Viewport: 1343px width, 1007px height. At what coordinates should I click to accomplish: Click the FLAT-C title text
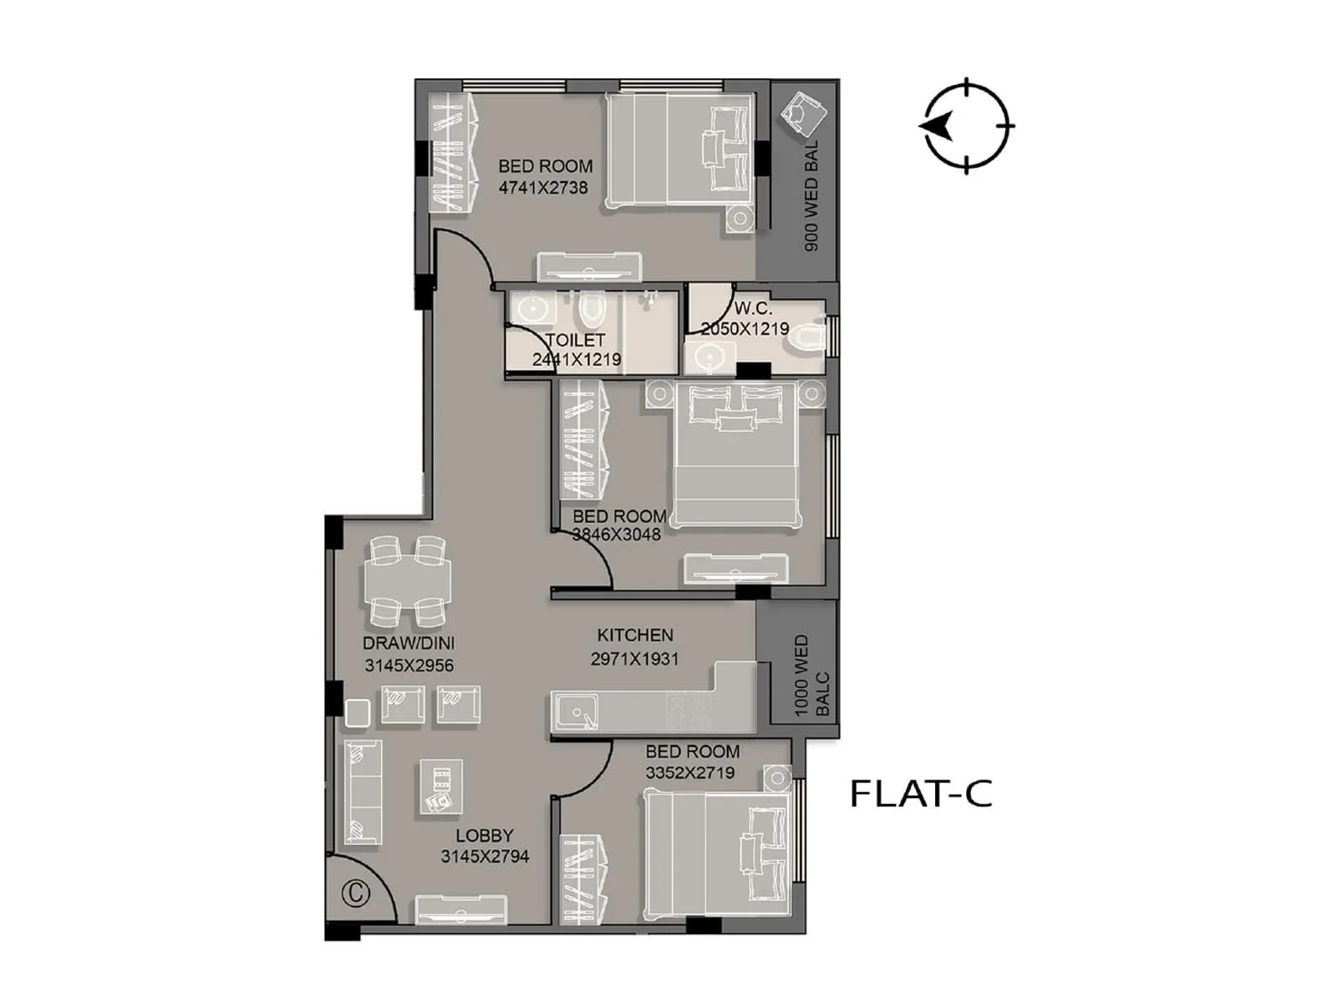click(921, 793)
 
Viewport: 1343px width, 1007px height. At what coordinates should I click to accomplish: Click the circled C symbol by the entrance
click(356, 894)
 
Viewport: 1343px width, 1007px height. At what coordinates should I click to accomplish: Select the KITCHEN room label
click(635, 635)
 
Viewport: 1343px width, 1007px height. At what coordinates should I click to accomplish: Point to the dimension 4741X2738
click(543, 188)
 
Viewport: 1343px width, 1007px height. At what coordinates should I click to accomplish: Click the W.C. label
click(753, 309)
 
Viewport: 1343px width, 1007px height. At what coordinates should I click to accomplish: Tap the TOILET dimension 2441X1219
click(577, 360)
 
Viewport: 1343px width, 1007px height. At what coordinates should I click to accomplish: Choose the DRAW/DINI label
click(409, 644)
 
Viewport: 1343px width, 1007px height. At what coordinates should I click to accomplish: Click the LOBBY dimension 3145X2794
click(484, 857)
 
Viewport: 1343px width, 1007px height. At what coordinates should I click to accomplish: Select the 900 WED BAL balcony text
click(811, 196)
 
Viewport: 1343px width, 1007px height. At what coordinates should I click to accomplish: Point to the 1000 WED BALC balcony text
click(811, 676)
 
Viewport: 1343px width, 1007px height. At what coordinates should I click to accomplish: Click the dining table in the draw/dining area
click(407, 582)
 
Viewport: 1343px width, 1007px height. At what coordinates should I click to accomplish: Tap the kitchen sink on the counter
click(577, 713)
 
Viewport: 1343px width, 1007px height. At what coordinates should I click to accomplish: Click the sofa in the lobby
click(363, 791)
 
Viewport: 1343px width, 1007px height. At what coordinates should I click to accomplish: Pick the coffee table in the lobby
click(440, 786)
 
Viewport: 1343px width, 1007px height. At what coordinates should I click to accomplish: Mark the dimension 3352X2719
click(690, 773)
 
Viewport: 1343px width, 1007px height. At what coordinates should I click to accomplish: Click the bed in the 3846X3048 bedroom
click(736, 454)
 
